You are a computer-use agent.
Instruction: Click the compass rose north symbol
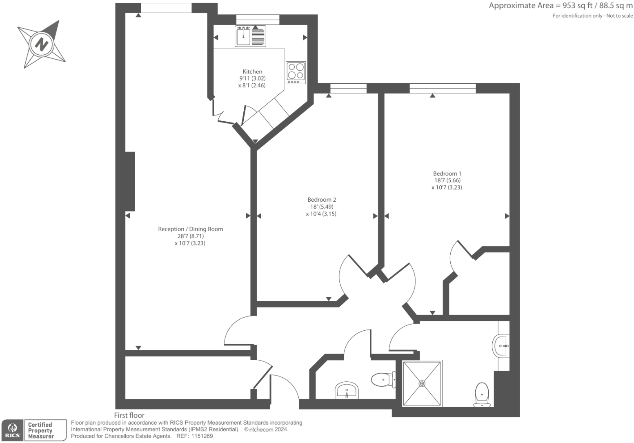pyautogui.click(x=41, y=44)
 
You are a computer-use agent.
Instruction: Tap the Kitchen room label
pyautogui.click(x=252, y=71)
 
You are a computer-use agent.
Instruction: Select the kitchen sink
pyautogui.click(x=243, y=36)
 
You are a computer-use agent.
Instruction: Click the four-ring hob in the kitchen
pyautogui.click(x=296, y=71)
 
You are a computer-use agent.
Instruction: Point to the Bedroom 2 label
pyautogui.click(x=322, y=200)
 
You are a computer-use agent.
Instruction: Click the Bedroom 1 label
pyautogui.click(x=447, y=174)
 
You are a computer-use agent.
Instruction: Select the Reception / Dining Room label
pyautogui.click(x=190, y=229)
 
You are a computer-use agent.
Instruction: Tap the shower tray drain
pyautogui.click(x=422, y=383)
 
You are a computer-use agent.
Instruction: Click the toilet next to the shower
pyautogui.click(x=482, y=394)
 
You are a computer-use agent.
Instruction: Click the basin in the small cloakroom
pyautogui.click(x=346, y=391)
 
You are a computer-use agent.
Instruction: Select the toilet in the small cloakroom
pyautogui.click(x=383, y=379)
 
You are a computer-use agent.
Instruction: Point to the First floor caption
pyautogui.click(x=129, y=415)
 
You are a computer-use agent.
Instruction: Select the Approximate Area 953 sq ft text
pyautogui.click(x=561, y=6)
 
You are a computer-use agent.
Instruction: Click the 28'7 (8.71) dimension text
pyautogui.click(x=190, y=236)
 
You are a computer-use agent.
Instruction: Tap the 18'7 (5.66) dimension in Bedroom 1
pyautogui.click(x=447, y=180)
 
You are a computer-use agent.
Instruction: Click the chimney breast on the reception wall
pyautogui.click(x=130, y=181)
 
